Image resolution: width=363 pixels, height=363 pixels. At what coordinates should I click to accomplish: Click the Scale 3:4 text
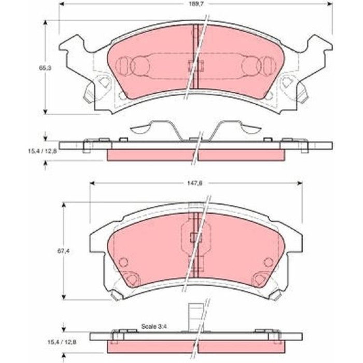[154, 326]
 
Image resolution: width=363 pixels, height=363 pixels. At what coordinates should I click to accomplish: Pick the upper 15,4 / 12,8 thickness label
[43, 151]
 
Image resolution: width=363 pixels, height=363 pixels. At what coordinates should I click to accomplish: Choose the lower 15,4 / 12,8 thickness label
[62, 342]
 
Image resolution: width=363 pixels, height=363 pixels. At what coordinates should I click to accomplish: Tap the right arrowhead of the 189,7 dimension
[330, 4]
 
